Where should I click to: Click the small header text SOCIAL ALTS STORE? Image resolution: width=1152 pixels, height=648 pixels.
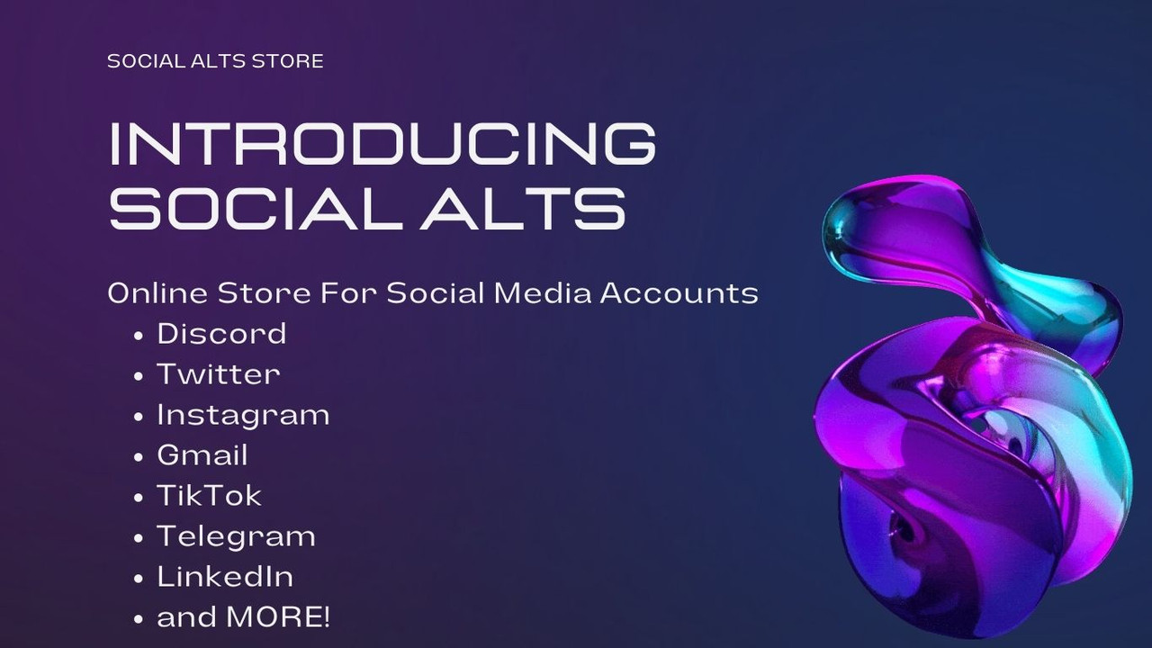215,61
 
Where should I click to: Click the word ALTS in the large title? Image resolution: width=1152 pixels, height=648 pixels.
523,207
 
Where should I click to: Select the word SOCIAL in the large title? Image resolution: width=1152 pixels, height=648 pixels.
255,207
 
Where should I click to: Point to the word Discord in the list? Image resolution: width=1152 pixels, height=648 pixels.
221,333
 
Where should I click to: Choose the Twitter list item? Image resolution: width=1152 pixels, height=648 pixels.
219,373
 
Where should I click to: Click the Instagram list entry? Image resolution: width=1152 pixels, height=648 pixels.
243,416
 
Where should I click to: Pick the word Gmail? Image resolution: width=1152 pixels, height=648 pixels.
202,455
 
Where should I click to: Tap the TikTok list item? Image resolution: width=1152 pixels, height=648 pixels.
210,495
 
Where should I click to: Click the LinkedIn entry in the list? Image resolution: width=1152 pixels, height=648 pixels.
225,577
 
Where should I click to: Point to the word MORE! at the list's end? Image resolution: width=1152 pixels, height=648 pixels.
278,617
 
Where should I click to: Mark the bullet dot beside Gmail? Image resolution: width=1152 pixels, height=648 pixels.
138,457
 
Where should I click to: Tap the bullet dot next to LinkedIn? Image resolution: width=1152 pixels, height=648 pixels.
138,579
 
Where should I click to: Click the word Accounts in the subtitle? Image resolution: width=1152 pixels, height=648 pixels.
679,293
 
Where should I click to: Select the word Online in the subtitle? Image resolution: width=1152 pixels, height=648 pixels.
157,293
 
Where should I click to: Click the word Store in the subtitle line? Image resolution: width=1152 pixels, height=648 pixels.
265,293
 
